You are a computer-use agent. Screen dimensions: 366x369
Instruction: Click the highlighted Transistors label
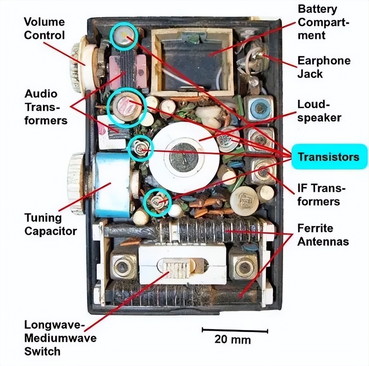tap(328, 157)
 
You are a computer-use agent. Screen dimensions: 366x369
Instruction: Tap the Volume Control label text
tap(44, 29)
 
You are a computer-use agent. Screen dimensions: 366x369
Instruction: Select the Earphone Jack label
tap(324, 67)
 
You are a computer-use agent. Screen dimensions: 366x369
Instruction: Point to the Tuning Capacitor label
tap(50, 224)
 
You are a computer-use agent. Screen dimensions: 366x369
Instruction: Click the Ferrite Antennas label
tap(323, 235)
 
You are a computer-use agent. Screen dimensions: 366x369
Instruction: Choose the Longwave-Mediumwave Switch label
tap(60, 338)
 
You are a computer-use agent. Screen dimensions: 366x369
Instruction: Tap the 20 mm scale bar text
tap(232, 339)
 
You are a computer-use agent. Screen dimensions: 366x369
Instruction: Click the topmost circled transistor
tap(124, 36)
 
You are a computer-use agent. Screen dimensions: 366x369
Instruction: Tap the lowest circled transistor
tap(157, 202)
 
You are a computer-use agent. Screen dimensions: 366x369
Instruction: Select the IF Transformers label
tap(320, 195)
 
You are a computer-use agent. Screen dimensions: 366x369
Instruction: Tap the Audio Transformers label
tap(46, 107)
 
